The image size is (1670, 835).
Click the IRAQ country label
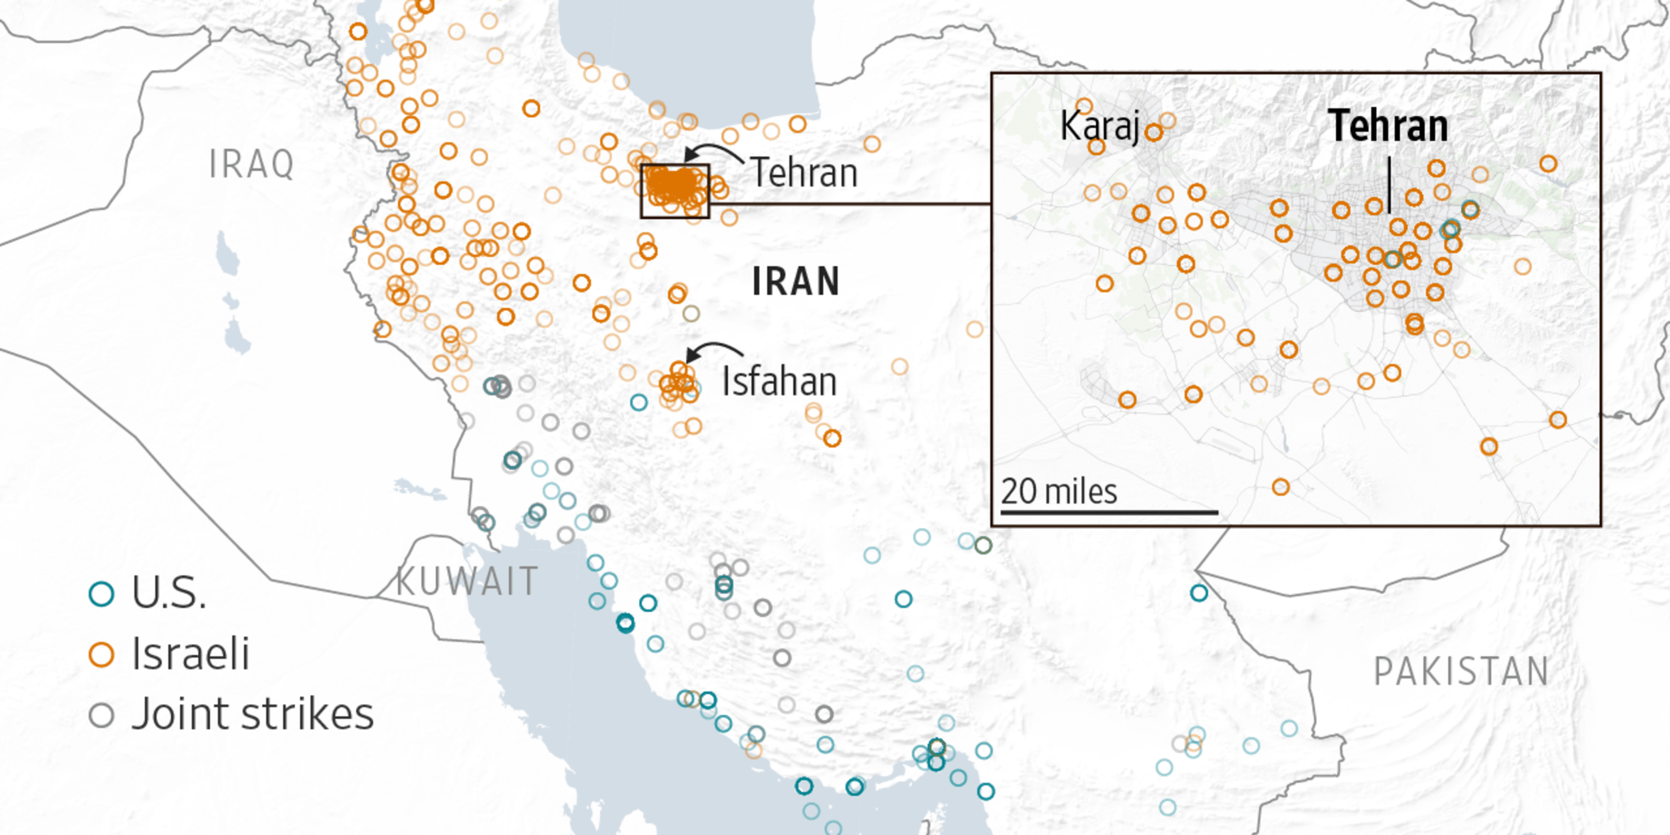point(251,164)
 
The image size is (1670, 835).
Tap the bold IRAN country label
point(796,282)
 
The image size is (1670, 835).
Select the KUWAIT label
point(467,581)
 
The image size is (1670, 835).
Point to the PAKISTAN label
point(1461,672)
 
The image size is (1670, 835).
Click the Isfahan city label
point(779,382)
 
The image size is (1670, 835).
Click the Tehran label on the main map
point(804,173)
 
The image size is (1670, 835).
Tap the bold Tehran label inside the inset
point(1388,126)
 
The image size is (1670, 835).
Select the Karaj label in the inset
point(1100,125)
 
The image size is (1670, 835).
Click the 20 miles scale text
point(1059,492)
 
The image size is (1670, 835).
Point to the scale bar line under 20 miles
point(1109,513)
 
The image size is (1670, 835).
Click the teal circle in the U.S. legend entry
point(102,593)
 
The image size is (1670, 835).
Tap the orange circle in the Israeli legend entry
point(102,654)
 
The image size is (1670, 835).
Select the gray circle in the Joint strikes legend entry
point(102,715)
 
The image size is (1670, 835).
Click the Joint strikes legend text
point(252,714)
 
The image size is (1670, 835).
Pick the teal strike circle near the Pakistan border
point(1199,593)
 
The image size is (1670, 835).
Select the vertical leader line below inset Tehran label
point(1389,185)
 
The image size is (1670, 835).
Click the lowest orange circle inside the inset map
point(1281,487)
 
